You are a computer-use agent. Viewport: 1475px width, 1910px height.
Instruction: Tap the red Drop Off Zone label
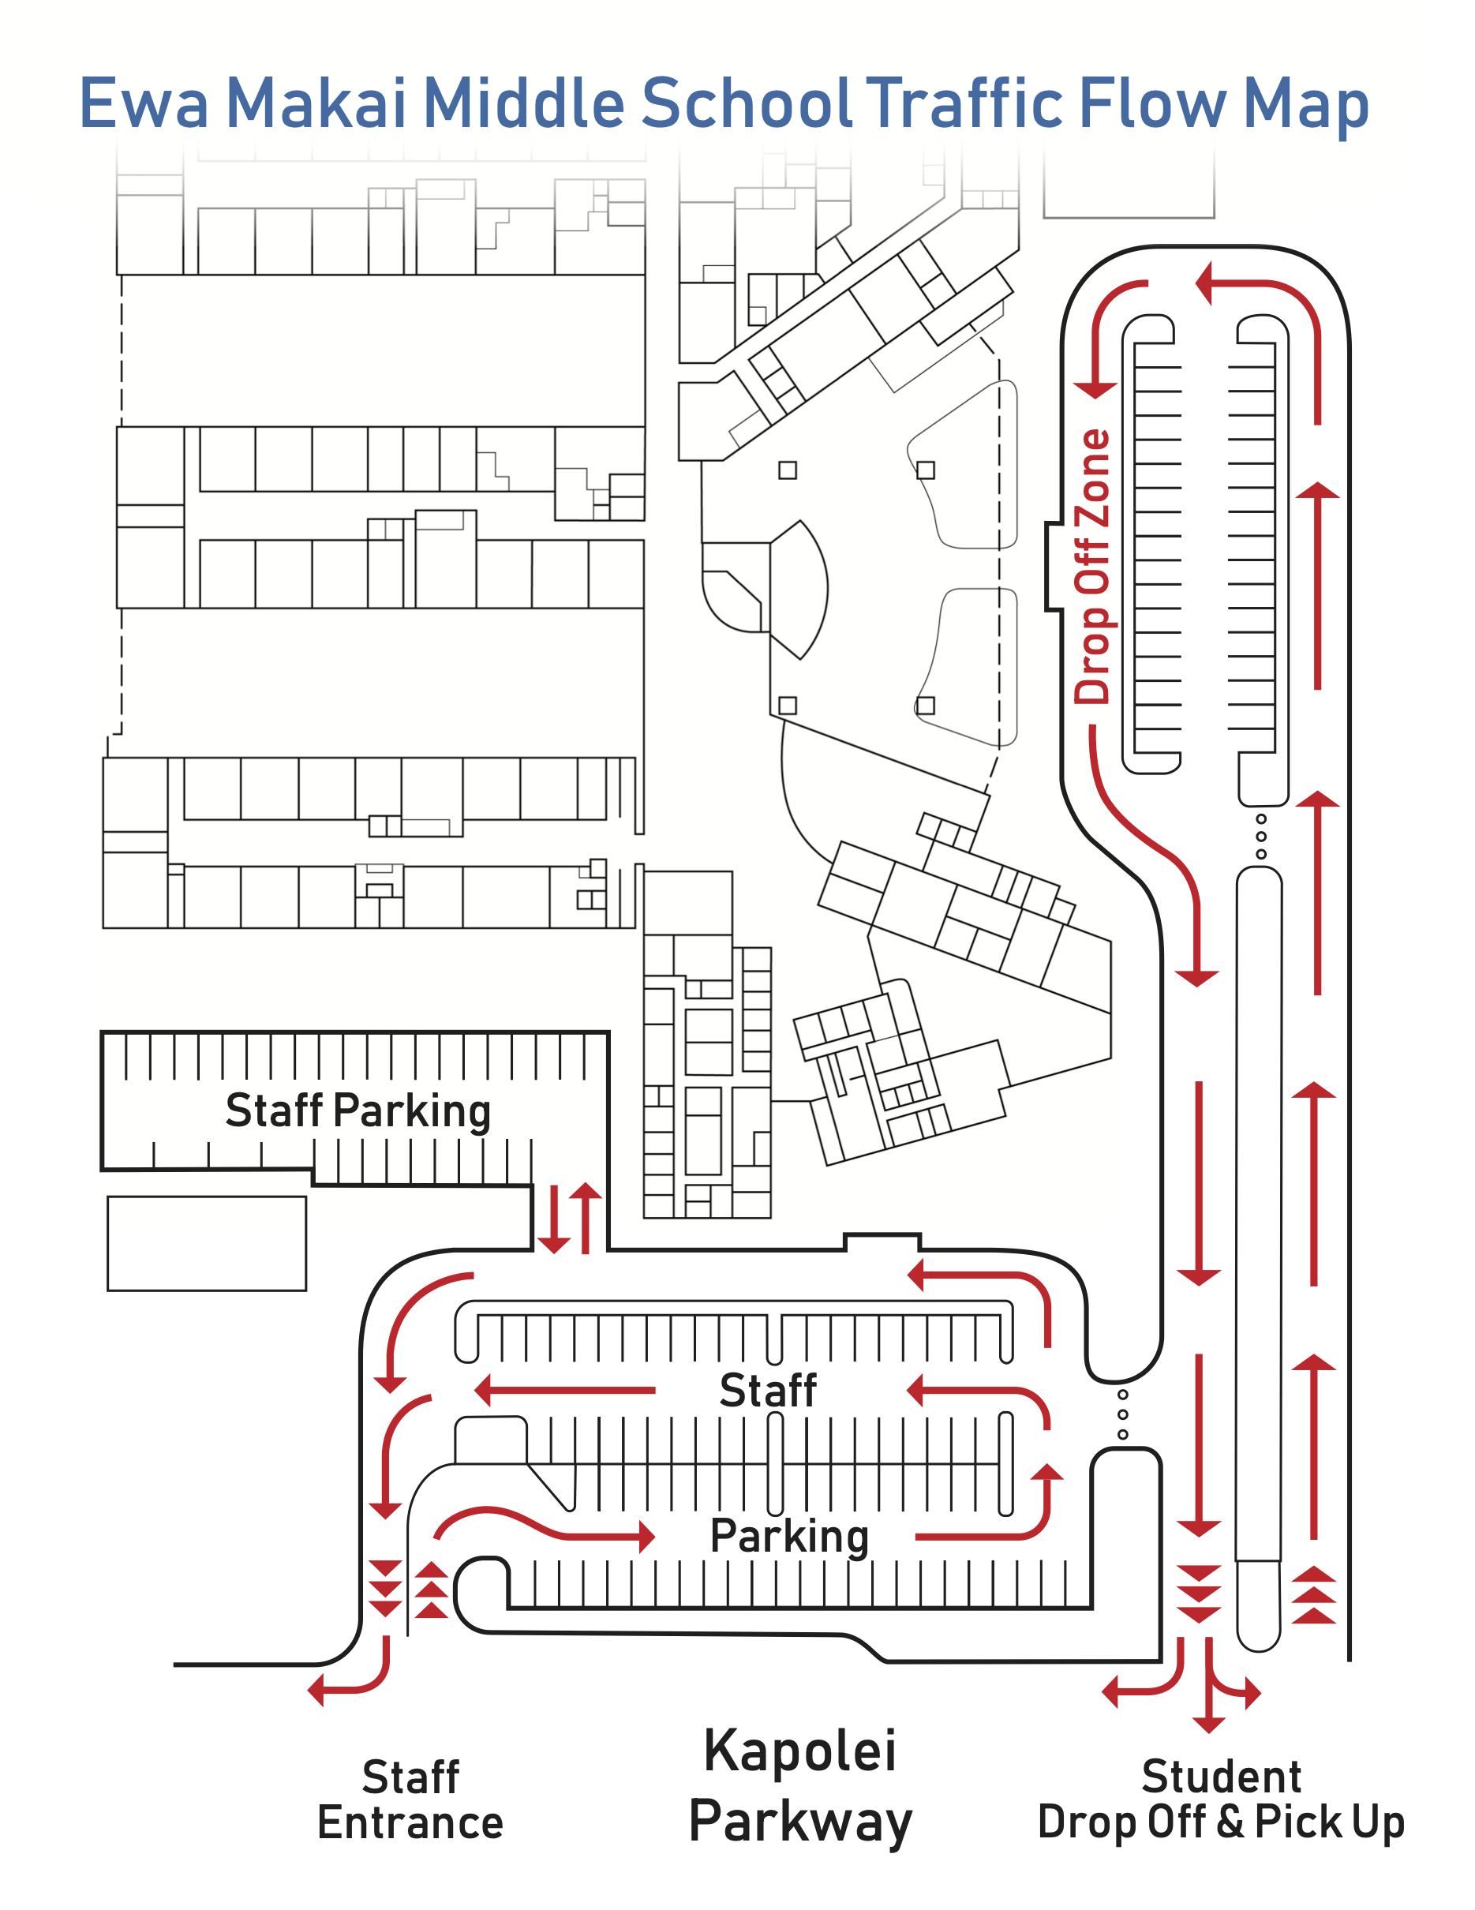[1092, 567]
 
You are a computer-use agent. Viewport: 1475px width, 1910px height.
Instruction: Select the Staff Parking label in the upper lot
[358, 1111]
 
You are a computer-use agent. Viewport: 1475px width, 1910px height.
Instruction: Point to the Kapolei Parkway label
[800, 1786]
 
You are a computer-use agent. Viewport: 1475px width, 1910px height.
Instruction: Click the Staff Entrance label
[410, 1800]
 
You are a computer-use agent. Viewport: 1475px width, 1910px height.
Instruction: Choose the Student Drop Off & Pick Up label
[1221, 1800]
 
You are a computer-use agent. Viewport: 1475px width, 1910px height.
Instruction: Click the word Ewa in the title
[144, 103]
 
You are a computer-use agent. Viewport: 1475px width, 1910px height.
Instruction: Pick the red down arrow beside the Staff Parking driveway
[553, 1219]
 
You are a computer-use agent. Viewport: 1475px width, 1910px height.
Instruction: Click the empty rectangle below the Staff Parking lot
[206, 1243]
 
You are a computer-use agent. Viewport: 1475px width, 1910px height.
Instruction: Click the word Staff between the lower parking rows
[768, 1391]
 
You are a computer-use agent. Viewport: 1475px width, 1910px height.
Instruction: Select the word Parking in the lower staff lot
[789, 1537]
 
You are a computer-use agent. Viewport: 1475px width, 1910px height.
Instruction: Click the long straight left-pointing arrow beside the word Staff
[565, 1390]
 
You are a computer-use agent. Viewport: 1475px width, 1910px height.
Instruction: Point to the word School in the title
[747, 103]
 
